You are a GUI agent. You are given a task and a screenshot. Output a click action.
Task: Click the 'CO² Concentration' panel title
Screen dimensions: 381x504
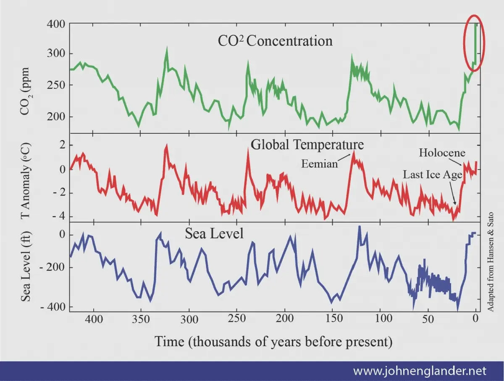tap(275, 41)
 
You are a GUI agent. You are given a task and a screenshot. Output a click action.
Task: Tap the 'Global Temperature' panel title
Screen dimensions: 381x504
tap(307, 144)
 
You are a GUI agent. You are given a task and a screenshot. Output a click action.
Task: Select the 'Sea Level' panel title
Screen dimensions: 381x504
tap(214, 233)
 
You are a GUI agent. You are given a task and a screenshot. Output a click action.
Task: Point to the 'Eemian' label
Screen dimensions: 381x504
tap(320, 164)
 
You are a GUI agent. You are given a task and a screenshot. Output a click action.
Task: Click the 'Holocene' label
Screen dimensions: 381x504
tap(442, 153)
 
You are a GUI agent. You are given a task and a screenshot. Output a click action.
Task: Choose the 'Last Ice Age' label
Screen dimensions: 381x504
tap(433, 175)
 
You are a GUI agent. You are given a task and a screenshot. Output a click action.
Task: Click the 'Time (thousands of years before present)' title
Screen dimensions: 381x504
tap(273, 341)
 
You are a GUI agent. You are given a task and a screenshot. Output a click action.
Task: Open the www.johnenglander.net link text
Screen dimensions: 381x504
tap(420, 371)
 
